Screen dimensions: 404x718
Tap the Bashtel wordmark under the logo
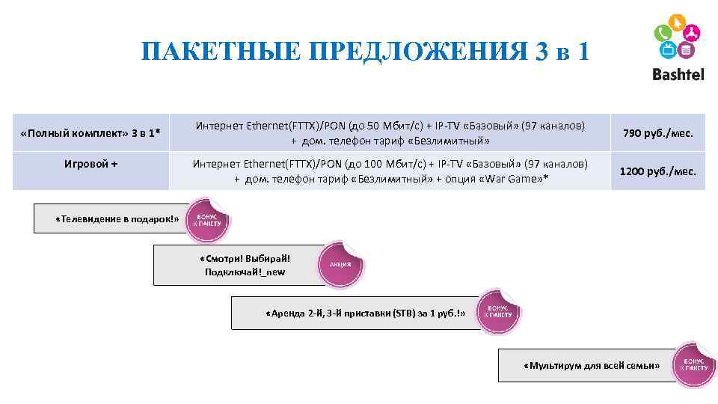tap(678, 74)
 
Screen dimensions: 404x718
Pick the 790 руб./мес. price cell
tap(658, 133)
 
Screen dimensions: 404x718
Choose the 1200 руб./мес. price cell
tap(658, 171)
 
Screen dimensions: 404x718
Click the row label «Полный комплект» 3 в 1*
tap(91, 133)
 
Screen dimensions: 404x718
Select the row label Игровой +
tap(91, 163)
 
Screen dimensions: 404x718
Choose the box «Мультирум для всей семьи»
tap(591, 365)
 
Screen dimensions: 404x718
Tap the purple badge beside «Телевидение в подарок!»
tap(208, 221)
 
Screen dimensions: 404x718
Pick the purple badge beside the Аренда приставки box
tap(499, 311)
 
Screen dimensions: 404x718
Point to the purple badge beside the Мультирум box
tap(694, 364)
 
